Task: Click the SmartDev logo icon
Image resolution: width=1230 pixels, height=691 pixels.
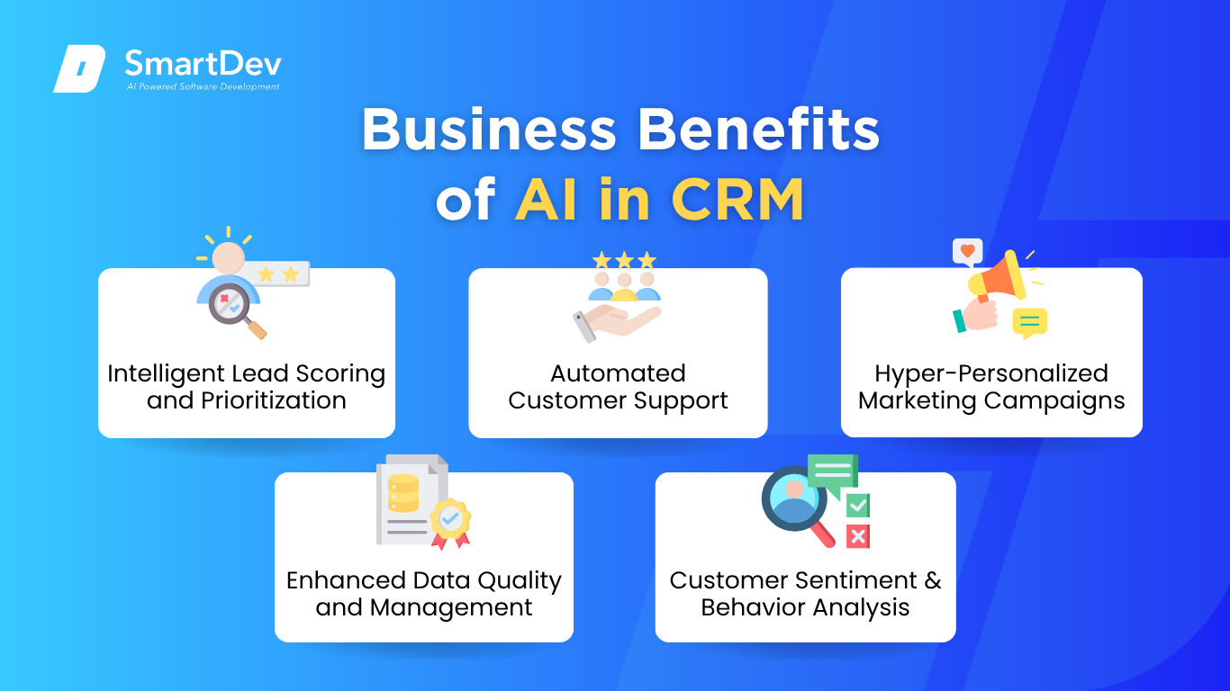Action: point(79,68)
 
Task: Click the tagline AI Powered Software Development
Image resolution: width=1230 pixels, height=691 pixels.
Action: point(203,86)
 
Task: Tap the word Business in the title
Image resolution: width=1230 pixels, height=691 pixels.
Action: point(489,130)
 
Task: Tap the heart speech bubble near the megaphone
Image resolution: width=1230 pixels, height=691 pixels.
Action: point(968,252)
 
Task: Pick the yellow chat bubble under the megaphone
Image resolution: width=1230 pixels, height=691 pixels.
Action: point(1029,323)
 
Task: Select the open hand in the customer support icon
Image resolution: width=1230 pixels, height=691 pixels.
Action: point(616,323)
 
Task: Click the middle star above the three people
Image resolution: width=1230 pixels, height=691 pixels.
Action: point(624,260)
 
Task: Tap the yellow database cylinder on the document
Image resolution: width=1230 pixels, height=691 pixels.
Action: point(403,493)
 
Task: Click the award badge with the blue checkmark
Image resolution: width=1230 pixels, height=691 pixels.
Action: point(450,523)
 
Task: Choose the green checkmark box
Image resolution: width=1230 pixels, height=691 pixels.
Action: point(858,505)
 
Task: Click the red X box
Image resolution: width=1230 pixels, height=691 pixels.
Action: point(858,537)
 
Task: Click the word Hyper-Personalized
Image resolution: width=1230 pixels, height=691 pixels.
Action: point(991,373)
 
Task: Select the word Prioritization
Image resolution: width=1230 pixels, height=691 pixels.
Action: point(274,400)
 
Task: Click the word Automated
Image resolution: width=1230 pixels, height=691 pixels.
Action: point(618,373)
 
